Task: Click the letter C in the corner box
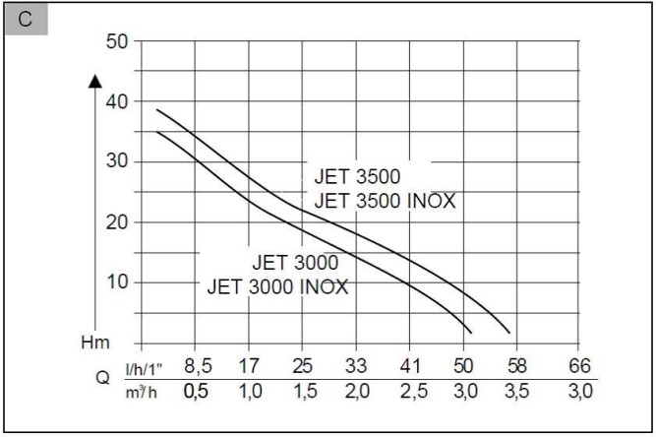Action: point(26,23)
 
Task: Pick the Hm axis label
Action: point(95,343)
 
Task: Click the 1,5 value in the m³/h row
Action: point(304,390)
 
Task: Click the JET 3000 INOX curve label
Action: point(278,287)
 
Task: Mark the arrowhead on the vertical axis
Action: point(95,82)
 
